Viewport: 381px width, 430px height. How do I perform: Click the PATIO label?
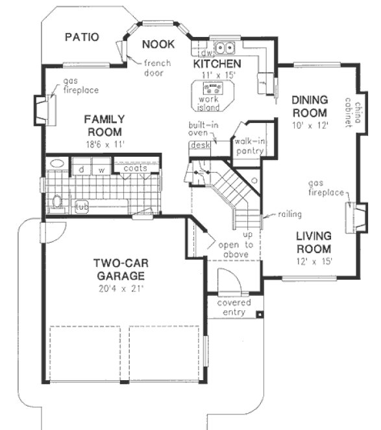click(x=82, y=38)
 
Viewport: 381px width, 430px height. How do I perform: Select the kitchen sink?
click(x=225, y=47)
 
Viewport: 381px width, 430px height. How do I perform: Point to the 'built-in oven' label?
click(x=203, y=130)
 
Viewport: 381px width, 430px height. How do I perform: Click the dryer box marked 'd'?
click(x=82, y=169)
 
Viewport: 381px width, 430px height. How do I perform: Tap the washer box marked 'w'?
click(x=102, y=169)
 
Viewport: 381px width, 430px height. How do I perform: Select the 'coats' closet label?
click(x=140, y=168)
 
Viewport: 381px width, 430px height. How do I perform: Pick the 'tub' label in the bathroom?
click(x=82, y=207)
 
